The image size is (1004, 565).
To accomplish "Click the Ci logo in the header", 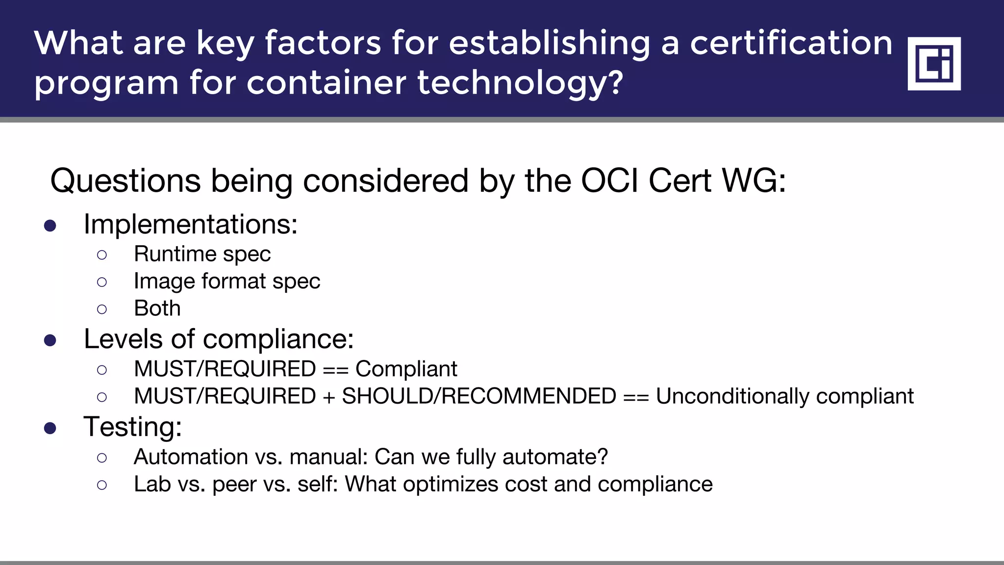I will [x=934, y=64].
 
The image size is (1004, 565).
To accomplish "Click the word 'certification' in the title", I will [x=791, y=43].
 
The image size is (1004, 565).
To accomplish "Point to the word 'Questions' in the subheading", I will [x=125, y=180].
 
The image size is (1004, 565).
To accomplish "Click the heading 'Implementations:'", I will [x=191, y=225].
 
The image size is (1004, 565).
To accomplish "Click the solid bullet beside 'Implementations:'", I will [x=50, y=226].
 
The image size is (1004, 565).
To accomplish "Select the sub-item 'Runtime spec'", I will [x=202, y=254].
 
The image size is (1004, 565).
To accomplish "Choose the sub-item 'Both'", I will [x=157, y=308].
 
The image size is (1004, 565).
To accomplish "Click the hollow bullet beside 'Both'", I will [x=102, y=309].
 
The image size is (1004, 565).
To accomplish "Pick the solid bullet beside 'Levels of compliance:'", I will [x=50, y=340].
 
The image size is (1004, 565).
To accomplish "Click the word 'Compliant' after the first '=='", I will [x=406, y=369].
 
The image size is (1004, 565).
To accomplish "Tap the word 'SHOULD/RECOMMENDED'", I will [x=479, y=396].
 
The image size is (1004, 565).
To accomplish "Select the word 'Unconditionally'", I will [x=732, y=396].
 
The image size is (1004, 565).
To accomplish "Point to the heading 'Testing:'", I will [x=133, y=427].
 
